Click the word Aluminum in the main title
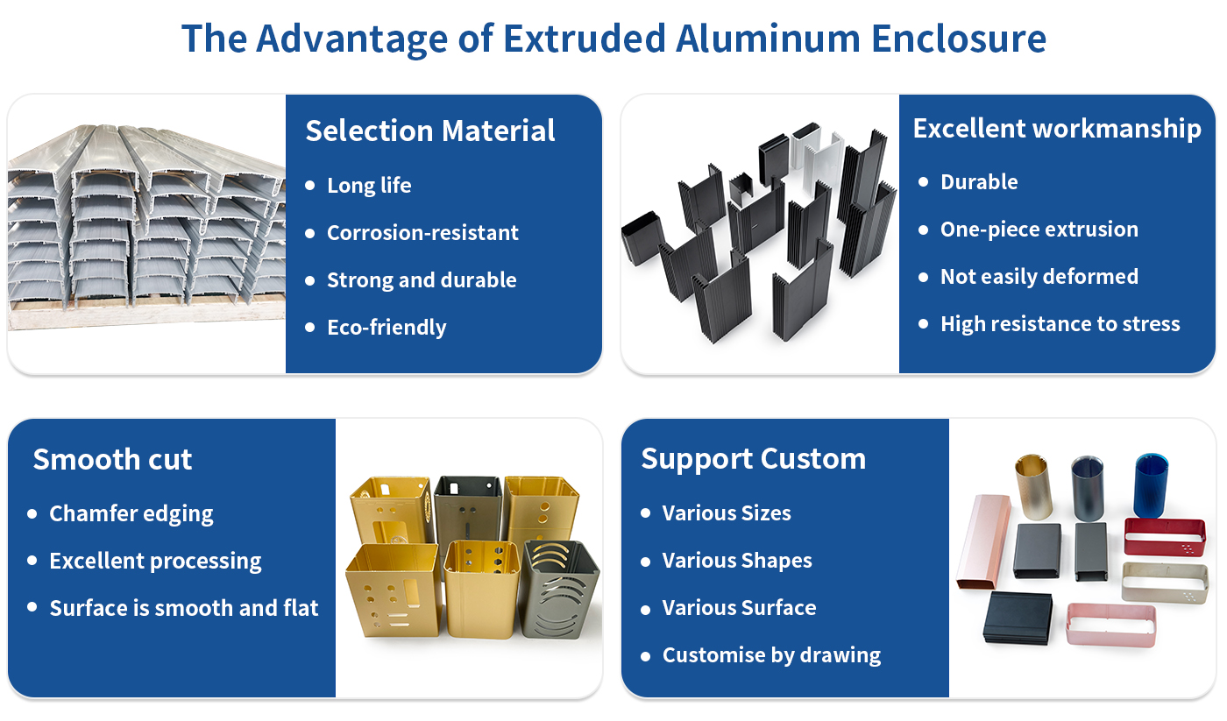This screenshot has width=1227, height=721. (768, 39)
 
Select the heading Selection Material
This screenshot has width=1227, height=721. (430, 131)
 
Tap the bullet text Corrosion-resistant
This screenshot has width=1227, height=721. (422, 233)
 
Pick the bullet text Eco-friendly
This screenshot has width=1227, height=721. (387, 328)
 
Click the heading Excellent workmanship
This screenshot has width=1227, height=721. (1057, 129)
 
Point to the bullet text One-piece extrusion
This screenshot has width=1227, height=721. (1039, 230)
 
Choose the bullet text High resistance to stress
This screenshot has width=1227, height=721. (1060, 324)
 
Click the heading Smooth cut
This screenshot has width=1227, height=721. (112, 459)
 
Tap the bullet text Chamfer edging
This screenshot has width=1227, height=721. (131, 514)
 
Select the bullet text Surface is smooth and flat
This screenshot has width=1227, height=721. (184, 608)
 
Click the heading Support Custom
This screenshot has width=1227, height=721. (753, 459)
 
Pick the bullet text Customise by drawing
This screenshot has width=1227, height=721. (772, 655)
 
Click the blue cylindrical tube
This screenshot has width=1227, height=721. (1151, 485)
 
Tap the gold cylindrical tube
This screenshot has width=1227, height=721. (1033, 487)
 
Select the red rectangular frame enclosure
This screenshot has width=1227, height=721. (1165, 536)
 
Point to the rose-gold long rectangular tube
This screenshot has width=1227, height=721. (983, 542)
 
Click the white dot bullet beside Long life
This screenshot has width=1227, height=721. (310, 186)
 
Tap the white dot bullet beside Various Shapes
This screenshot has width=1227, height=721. (646, 562)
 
